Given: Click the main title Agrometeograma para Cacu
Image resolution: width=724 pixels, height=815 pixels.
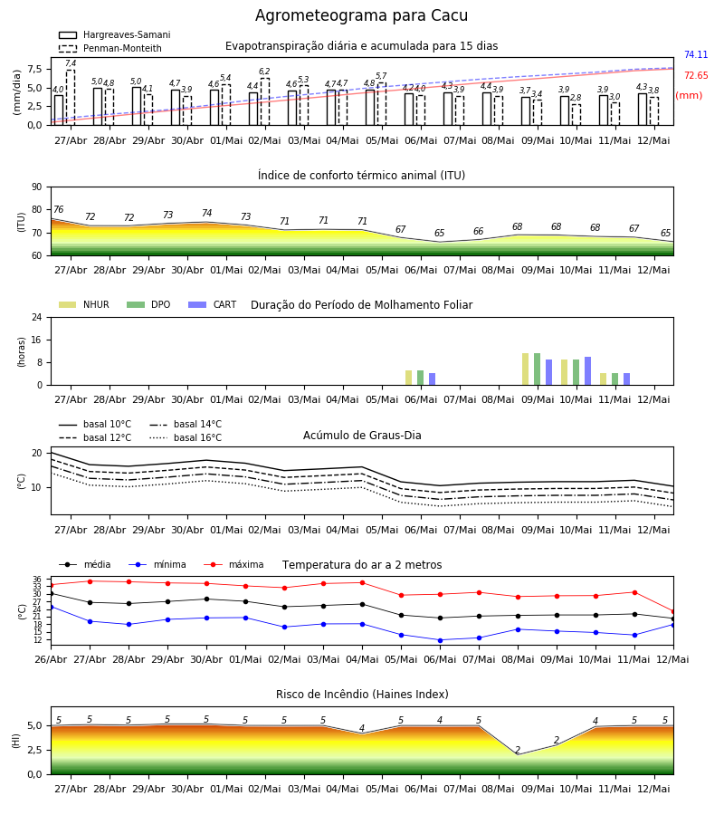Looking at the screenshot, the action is click(x=361, y=15).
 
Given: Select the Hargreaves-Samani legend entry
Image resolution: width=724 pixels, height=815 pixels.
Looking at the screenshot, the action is click(x=114, y=34).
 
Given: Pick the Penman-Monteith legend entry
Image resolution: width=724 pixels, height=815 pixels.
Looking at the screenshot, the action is click(x=110, y=48).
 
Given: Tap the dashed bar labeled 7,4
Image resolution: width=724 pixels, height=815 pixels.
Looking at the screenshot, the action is click(x=71, y=98).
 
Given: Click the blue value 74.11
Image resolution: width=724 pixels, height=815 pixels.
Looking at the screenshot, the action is click(x=696, y=54).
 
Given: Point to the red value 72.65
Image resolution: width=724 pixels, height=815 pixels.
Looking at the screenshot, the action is click(x=696, y=75).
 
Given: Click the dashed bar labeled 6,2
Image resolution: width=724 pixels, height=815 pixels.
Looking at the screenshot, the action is click(x=265, y=101).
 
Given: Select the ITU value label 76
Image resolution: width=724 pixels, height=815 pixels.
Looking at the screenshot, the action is click(x=59, y=209).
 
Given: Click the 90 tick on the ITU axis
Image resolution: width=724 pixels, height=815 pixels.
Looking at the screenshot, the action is click(x=37, y=187).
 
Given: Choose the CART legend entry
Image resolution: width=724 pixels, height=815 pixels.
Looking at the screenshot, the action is click(x=213, y=304).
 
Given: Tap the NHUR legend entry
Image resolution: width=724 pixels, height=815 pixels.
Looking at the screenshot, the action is click(x=84, y=304).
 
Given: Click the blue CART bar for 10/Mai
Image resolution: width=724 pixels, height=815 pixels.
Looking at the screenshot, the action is click(x=588, y=371).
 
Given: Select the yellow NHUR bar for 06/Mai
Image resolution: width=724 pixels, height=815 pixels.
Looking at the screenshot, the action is click(x=409, y=378).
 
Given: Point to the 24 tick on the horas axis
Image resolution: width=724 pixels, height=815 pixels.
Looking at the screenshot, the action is click(x=37, y=317).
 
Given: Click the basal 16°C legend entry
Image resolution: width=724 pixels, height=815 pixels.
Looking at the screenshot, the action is click(x=186, y=438).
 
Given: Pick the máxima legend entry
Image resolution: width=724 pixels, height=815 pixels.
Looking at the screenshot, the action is click(x=233, y=564).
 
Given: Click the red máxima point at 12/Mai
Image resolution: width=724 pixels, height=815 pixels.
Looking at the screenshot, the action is click(x=673, y=612).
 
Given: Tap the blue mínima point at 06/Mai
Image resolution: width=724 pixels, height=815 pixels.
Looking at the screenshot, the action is click(x=441, y=640).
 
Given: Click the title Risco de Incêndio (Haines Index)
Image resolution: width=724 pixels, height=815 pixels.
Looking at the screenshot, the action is click(x=362, y=695).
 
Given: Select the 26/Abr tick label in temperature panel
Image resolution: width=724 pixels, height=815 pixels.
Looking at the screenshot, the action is click(x=51, y=659).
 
